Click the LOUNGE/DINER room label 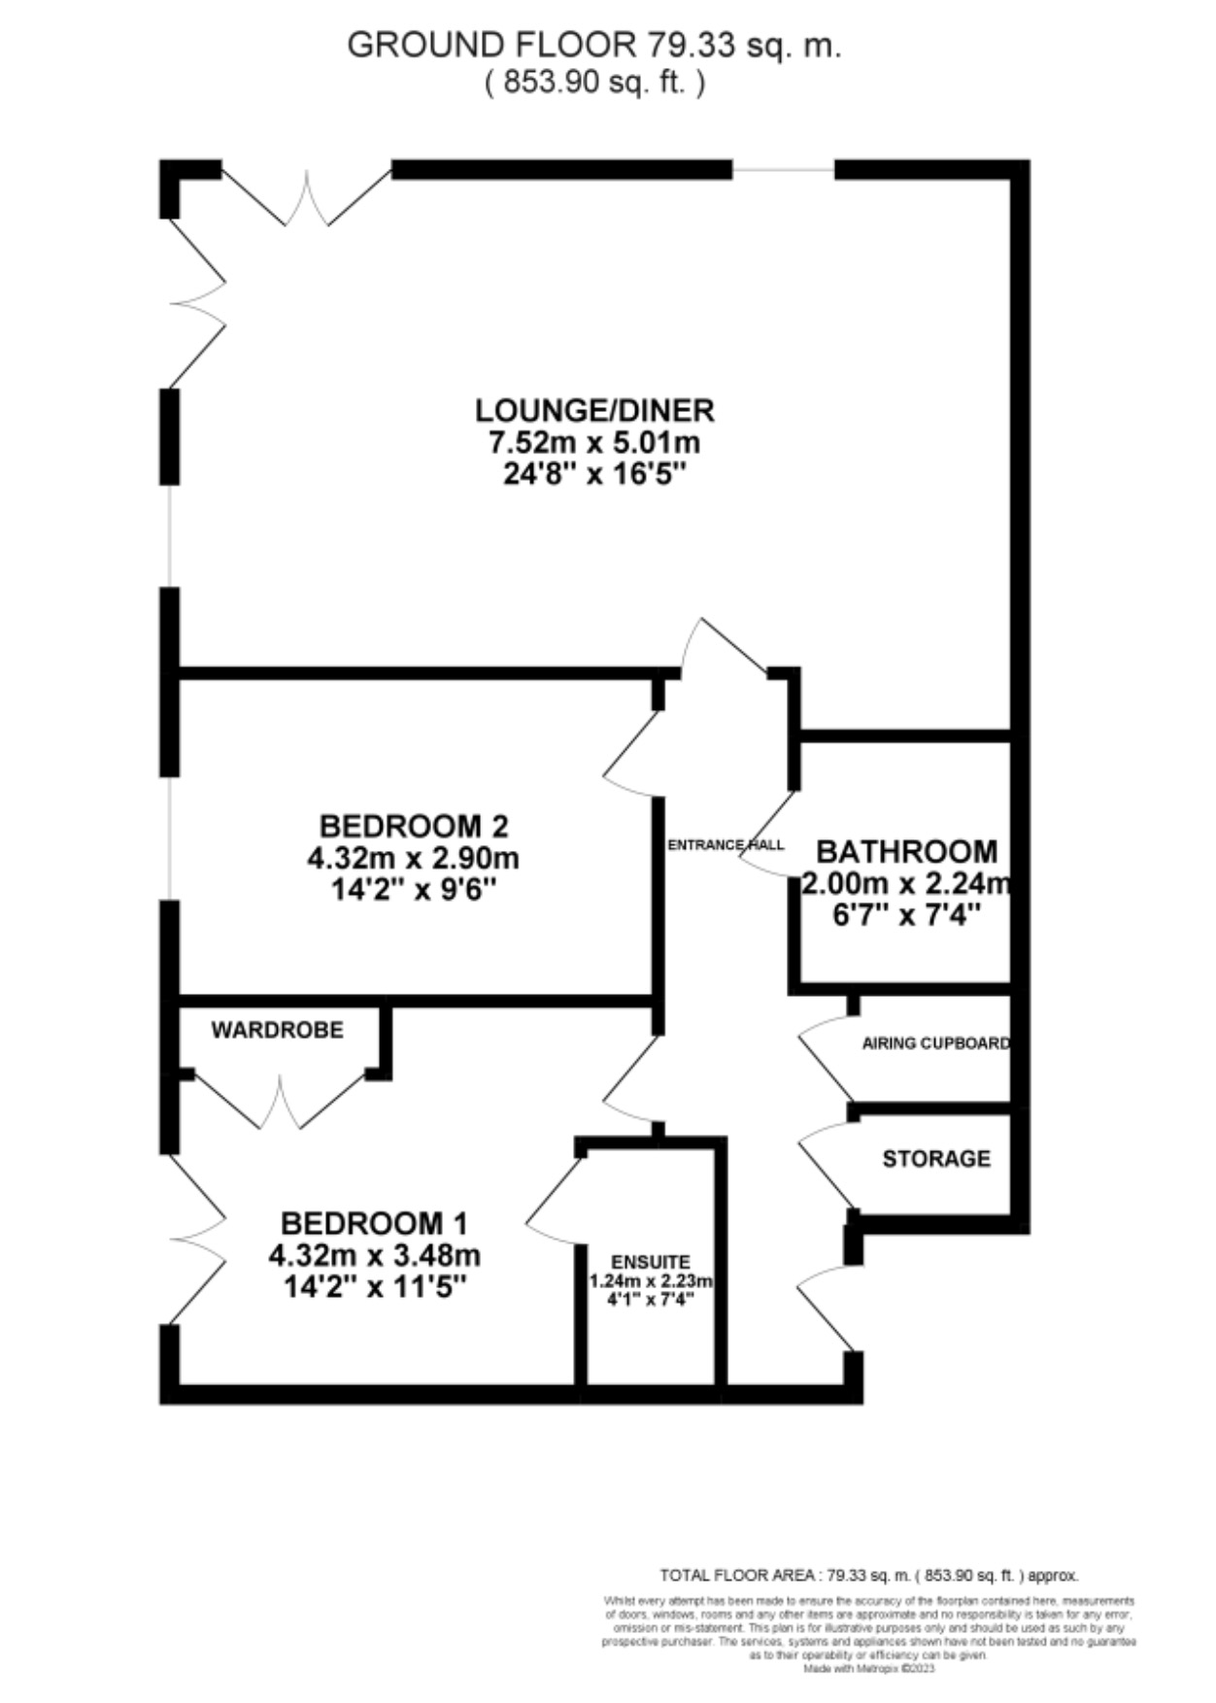[594, 410]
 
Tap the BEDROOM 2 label [414, 826]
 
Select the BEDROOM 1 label [375, 1222]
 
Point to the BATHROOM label [906, 851]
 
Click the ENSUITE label [651, 1262]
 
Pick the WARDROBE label [278, 1030]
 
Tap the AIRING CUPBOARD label [935, 1043]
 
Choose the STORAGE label [936, 1158]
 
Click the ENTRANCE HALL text [726, 845]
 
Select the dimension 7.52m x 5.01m [594, 443]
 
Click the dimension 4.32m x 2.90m [414, 859]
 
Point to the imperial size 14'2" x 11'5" [375, 1287]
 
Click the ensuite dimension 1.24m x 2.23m [651, 1280]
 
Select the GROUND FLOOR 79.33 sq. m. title [594, 46]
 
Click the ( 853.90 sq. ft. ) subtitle [594, 83]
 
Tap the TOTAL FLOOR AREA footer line [868, 1575]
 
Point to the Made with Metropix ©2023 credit [868, 1668]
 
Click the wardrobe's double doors [280, 1103]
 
